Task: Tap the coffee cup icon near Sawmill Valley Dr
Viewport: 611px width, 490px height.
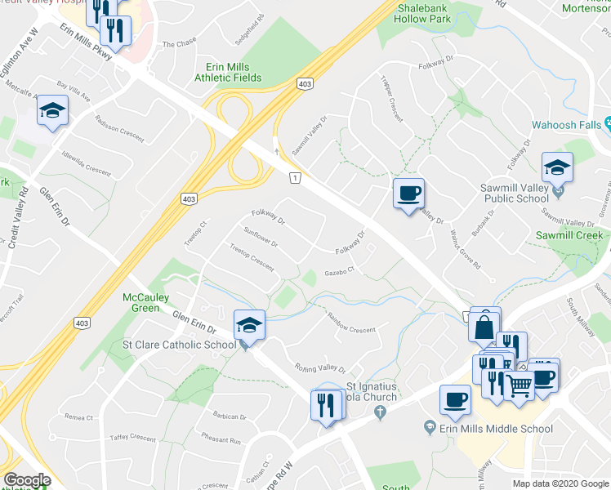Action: coord(408,194)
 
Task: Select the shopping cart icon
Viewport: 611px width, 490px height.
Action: coord(520,385)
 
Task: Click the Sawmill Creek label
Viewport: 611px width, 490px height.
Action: coord(569,235)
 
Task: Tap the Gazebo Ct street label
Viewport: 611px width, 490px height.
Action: coord(339,272)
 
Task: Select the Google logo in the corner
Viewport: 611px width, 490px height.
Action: coord(27,480)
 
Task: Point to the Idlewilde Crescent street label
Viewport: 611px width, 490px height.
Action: coord(86,162)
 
